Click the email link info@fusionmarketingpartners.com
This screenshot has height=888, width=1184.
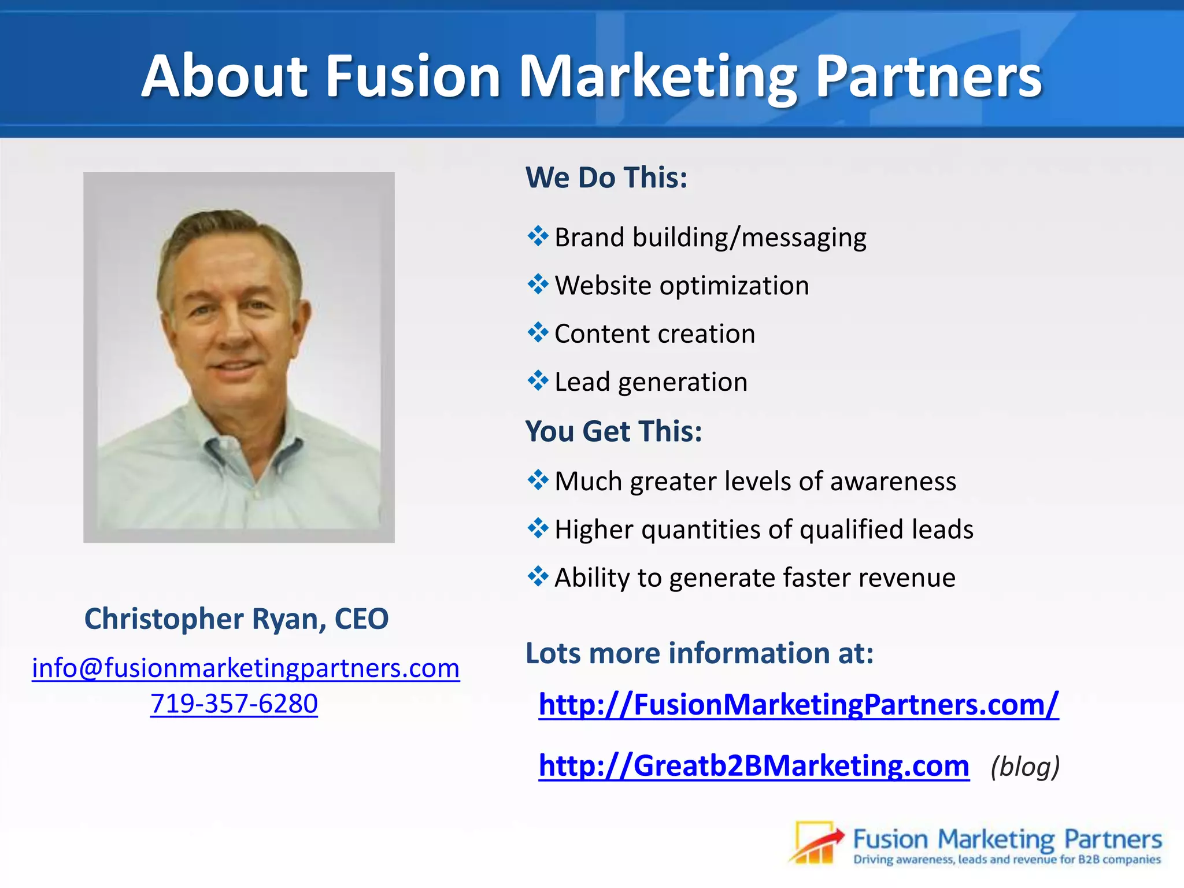pyautogui.click(x=246, y=668)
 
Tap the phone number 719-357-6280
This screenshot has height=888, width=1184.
pyautogui.click(x=234, y=704)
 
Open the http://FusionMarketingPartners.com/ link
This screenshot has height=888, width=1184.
pyautogui.click(x=798, y=704)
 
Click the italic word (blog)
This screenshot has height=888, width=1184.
pyautogui.click(x=1025, y=767)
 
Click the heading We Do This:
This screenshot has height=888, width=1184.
pyautogui.click(x=606, y=177)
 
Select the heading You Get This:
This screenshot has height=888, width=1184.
pyautogui.click(x=613, y=431)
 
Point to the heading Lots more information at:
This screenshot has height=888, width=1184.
pyautogui.click(x=700, y=653)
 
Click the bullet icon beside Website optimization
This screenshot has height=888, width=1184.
pyautogui.click(x=538, y=284)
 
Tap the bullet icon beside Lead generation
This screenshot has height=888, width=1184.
pyautogui.click(x=538, y=381)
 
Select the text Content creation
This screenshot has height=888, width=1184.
pyautogui.click(x=654, y=334)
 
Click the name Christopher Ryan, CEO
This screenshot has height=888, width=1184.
pyautogui.click(x=236, y=619)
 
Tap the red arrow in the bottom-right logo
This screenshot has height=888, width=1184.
pyautogui.click(x=821, y=841)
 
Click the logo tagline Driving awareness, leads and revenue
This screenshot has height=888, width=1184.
pyautogui.click(x=1007, y=860)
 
